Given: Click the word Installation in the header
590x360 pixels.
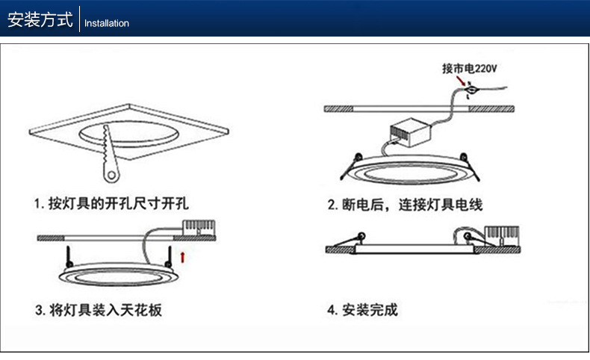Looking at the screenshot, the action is pyautogui.click(x=107, y=23).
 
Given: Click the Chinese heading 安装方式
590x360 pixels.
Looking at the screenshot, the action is pyautogui.click(x=40, y=19).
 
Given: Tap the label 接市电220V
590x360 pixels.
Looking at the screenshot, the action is pyautogui.click(x=469, y=69).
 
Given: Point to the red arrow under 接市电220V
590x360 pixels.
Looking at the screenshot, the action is pyautogui.click(x=461, y=81).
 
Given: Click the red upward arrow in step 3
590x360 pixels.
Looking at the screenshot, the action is pyautogui.click(x=182, y=258).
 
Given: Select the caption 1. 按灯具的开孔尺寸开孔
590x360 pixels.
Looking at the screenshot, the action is pyautogui.click(x=111, y=203).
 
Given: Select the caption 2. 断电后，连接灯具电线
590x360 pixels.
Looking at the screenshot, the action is pyautogui.click(x=405, y=205).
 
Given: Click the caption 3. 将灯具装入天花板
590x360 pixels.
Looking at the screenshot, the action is pyautogui.click(x=99, y=310).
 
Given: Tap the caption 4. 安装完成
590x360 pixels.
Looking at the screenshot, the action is pyautogui.click(x=362, y=310).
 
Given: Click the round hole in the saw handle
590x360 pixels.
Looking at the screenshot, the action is pyautogui.click(x=111, y=175).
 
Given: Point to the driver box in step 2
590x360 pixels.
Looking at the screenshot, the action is pyautogui.click(x=410, y=132).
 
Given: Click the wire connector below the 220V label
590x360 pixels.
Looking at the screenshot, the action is pyautogui.click(x=470, y=90).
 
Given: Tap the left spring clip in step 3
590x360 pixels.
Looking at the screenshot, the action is pyautogui.click(x=69, y=256).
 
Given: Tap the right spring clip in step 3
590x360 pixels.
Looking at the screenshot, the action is pyautogui.click(x=170, y=256).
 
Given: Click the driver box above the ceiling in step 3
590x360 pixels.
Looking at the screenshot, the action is pyautogui.click(x=199, y=228).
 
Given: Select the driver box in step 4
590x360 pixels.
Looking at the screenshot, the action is pyautogui.click(x=502, y=236).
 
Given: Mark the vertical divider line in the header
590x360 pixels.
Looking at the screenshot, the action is pyautogui.click(x=79, y=19).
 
